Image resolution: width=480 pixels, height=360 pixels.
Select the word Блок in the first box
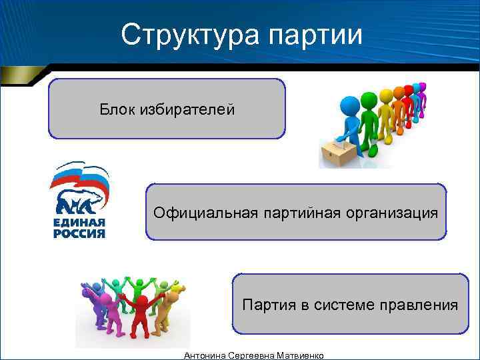coord(117,109)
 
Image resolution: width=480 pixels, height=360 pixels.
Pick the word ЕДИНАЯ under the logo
coord(79,223)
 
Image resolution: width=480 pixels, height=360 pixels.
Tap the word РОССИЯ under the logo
coord(79,234)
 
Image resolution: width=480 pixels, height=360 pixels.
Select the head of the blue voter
coord(349,105)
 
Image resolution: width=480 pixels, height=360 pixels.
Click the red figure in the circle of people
coord(141,313)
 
